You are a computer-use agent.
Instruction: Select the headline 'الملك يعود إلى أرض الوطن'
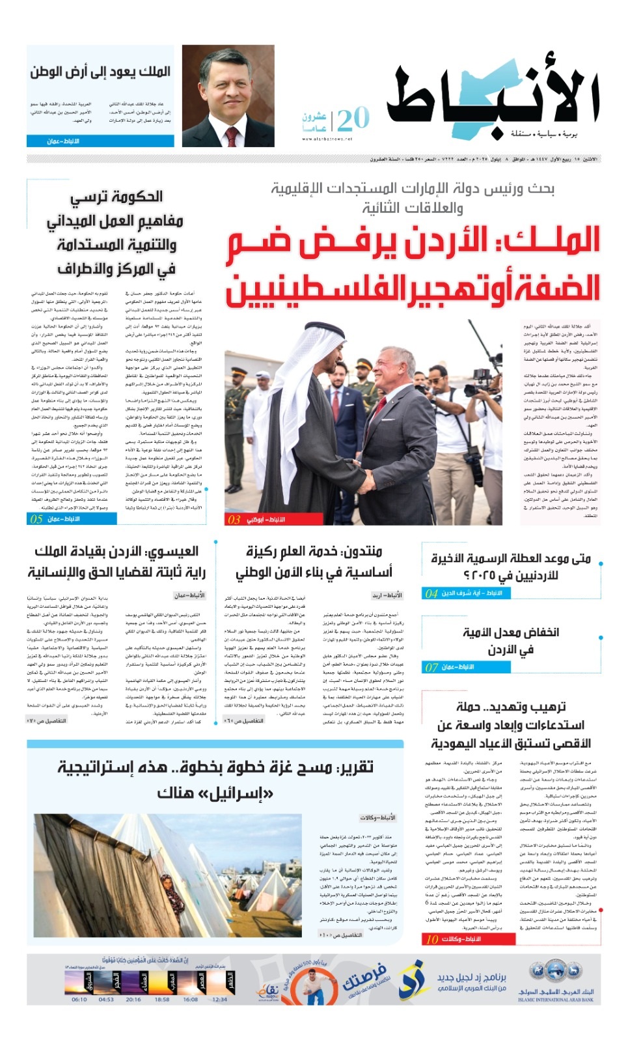point(100,72)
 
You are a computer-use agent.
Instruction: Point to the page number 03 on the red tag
point(234,519)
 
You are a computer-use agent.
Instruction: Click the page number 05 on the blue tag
point(36,519)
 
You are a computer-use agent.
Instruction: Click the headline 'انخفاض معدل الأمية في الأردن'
point(511,641)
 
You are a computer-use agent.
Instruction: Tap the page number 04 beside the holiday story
point(431,593)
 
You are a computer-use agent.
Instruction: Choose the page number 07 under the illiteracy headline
point(431,667)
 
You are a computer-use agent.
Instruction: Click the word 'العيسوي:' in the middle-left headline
point(171,552)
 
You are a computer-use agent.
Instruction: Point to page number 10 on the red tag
point(432,939)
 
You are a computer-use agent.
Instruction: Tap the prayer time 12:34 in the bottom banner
point(220,999)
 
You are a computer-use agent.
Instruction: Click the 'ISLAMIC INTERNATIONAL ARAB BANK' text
point(556,1000)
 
